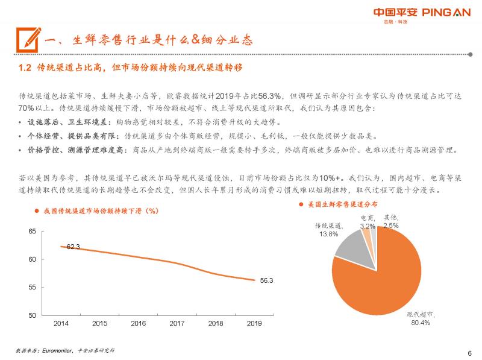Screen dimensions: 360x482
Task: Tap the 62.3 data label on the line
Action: point(74,247)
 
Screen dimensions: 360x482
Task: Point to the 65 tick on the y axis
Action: point(33,232)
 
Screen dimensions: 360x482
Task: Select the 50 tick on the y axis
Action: point(33,315)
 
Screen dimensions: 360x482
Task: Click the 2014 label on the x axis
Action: point(61,324)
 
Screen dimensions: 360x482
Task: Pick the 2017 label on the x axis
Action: point(177,324)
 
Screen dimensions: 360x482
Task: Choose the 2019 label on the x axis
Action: point(254,324)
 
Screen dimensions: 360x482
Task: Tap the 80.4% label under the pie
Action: point(421,323)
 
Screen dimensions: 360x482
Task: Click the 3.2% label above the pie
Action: point(368,226)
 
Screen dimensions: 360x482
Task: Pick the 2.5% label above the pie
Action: point(391,226)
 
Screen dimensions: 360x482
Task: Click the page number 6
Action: point(469,353)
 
